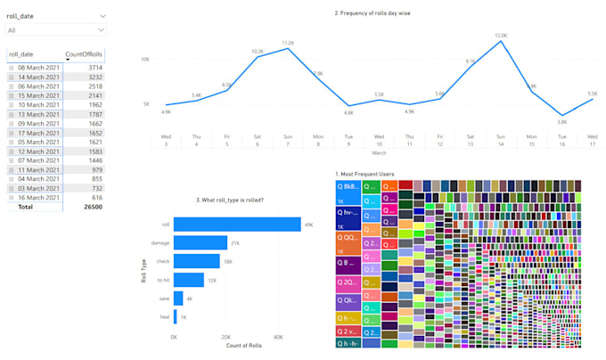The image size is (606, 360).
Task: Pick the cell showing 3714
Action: coord(92,68)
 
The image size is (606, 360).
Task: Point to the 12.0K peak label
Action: coord(501,36)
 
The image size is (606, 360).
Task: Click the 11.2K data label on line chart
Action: coord(288,43)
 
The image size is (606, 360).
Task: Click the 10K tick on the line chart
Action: coord(144,59)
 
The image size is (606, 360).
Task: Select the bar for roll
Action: coord(237,225)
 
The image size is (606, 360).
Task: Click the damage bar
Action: coord(201,242)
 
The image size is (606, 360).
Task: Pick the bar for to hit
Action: coord(189,280)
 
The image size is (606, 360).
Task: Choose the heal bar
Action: coord(176,317)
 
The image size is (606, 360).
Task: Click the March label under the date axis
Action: coord(379,152)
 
